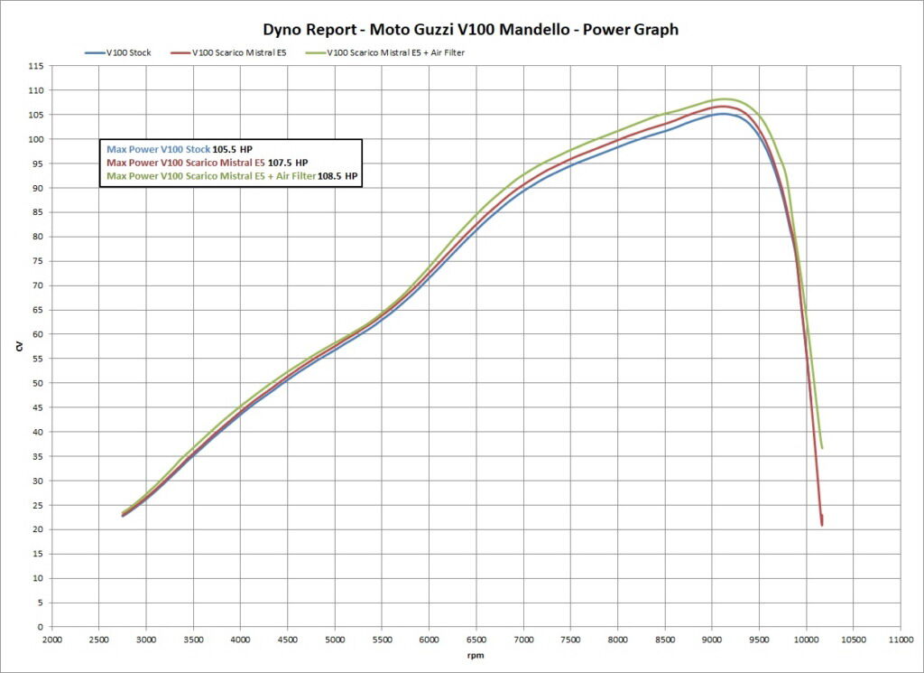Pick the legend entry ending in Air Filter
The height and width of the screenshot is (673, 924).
(x=396, y=52)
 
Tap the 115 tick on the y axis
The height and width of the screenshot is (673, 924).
(x=35, y=67)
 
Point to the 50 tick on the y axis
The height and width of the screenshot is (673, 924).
(x=37, y=383)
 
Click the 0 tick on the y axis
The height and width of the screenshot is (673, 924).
(x=40, y=627)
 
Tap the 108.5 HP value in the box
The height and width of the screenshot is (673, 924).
(x=338, y=176)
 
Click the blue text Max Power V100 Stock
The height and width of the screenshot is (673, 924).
(x=159, y=149)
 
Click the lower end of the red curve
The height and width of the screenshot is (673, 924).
(x=822, y=524)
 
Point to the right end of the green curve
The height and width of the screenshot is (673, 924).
(x=822, y=448)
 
